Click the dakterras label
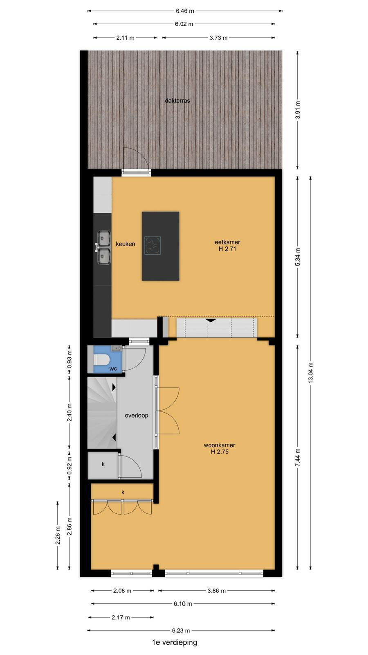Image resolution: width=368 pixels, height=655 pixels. pyautogui.click(x=177, y=101)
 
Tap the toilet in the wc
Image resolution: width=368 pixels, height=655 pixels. pyautogui.click(x=101, y=360)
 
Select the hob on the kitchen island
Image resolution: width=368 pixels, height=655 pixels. pyautogui.click(x=153, y=245)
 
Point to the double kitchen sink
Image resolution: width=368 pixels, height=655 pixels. pyautogui.click(x=104, y=248)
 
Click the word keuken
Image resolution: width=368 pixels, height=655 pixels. pyautogui.click(x=125, y=244)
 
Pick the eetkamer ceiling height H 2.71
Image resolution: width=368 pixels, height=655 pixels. pyautogui.click(x=227, y=249)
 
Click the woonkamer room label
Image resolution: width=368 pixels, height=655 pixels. pyautogui.click(x=219, y=445)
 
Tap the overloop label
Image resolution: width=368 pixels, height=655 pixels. pyautogui.click(x=137, y=415)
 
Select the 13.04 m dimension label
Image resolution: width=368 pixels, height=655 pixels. pyautogui.click(x=310, y=373)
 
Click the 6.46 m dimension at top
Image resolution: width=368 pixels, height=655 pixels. pyautogui.click(x=185, y=11)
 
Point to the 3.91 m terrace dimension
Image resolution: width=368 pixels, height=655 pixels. pyautogui.click(x=298, y=110)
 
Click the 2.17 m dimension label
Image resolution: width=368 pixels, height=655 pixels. pyautogui.click(x=121, y=618)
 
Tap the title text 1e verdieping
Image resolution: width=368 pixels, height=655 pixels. pyautogui.click(x=175, y=642)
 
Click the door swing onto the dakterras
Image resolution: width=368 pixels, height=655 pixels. pyautogui.click(x=137, y=158)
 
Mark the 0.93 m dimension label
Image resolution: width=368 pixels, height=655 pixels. pyautogui.click(x=70, y=359)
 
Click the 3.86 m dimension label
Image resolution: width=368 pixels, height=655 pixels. pyautogui.click(x=216, y=591)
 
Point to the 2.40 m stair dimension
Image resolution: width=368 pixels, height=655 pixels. pyautogui.click(x=70, y=412)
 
